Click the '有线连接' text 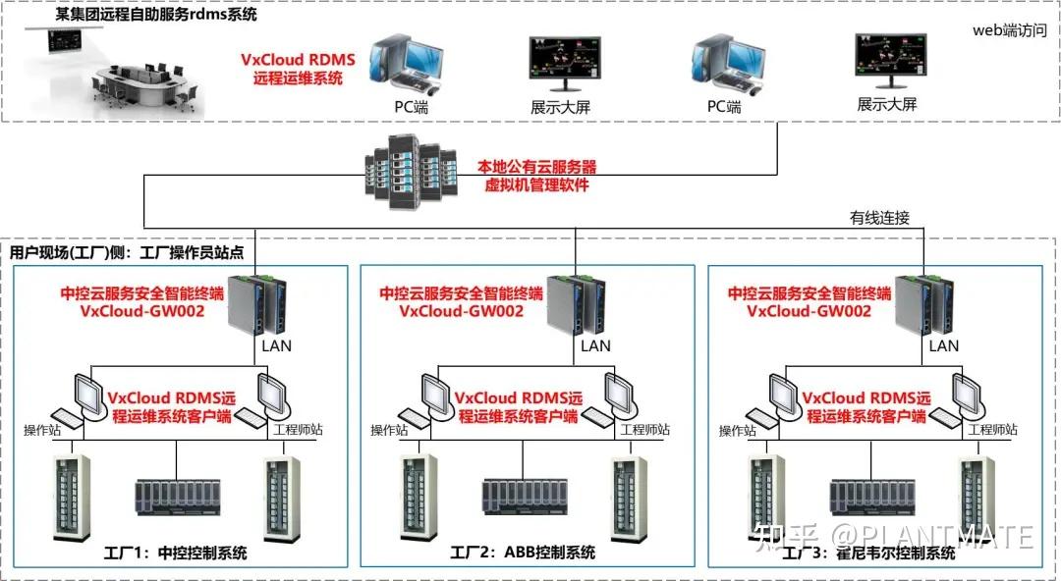881,218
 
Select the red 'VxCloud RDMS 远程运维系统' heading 298,69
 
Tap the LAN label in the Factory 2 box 595,345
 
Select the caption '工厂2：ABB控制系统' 523,553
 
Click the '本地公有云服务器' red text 536,166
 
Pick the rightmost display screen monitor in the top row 886,62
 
